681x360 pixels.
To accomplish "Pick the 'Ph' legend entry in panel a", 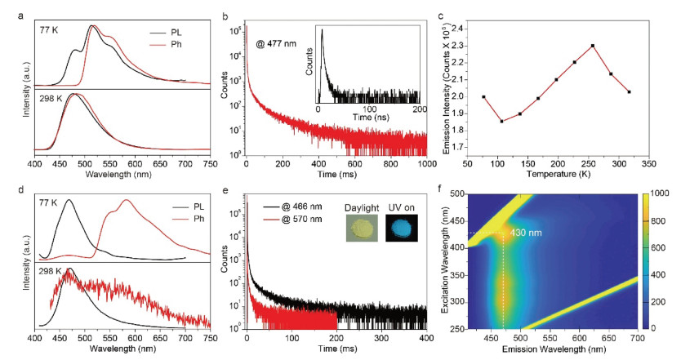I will pyautogui.click(x=177, y=44).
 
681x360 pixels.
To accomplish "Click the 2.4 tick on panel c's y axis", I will pyautogui.click(x=467, y=28).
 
